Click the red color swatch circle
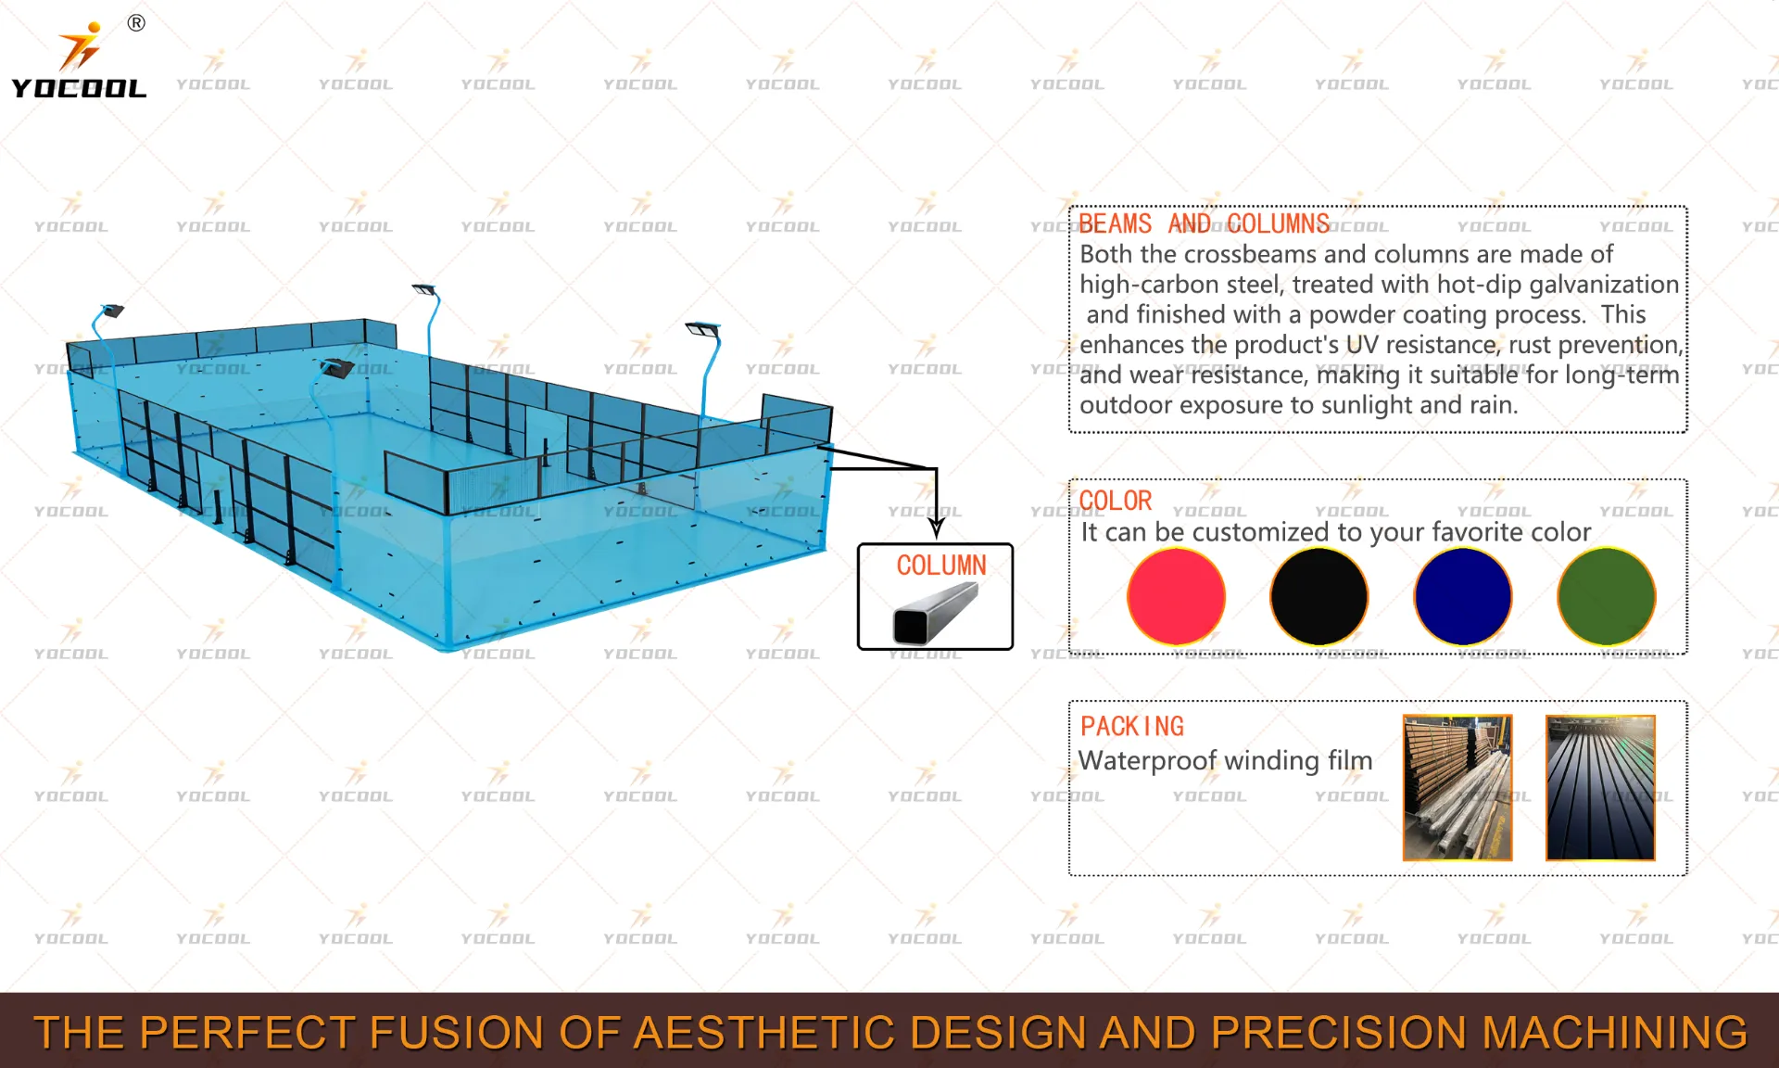(1176, 596)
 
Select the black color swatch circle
(1319, 596)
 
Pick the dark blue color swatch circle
(1463, 596)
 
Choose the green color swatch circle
(1606, 596)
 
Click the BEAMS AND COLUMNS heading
(1205, 224)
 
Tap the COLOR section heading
(1116, 501)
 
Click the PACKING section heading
(1132, 726)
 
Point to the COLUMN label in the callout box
(941, 565)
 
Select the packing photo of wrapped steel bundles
(1457, 787)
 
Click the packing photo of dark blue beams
(1600, 787)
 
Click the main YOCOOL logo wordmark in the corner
(79, 88)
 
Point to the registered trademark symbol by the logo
(136, 23)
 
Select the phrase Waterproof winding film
(1225, 760)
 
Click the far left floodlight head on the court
(112, 311)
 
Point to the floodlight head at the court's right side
(702, 329)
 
